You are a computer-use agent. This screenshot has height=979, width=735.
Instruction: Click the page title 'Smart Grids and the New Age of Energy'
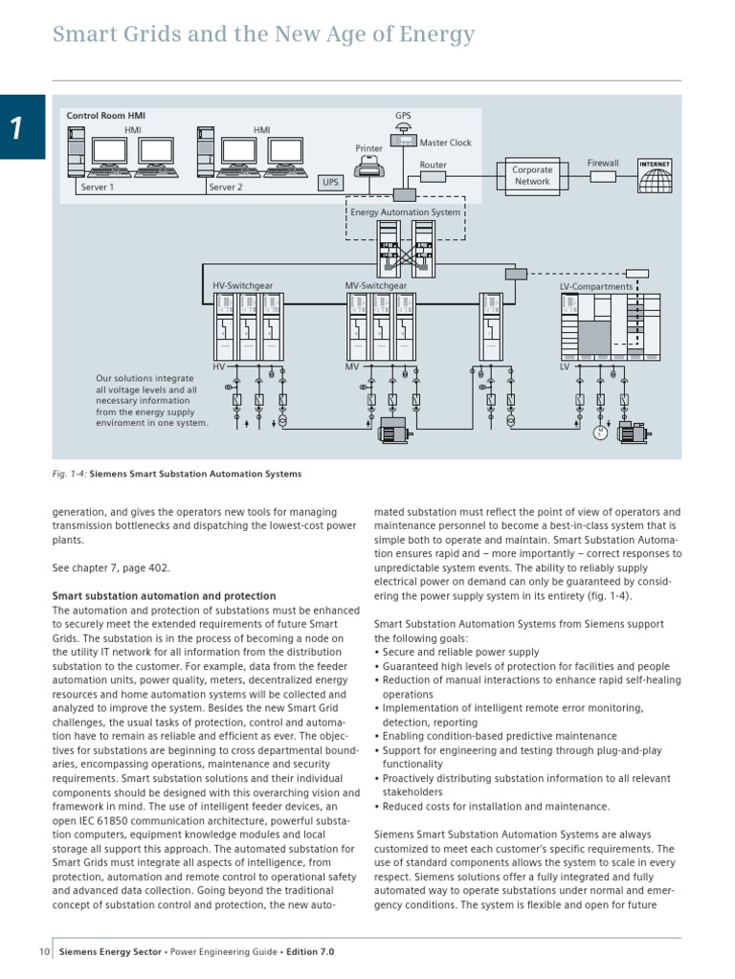(263, 35)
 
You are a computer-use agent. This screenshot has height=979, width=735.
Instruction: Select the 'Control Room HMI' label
(105, 116)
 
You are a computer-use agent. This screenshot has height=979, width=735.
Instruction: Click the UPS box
(330, 181)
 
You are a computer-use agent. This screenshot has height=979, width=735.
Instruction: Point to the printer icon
(369, 168)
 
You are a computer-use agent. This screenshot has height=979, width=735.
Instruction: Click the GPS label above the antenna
(403, 115)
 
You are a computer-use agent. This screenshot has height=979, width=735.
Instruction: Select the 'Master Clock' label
(445, 143)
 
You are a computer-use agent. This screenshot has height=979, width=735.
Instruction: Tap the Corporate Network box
(532, 176)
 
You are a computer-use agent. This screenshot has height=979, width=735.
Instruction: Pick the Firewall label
(603, 164)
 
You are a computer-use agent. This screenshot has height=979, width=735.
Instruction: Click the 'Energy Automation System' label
(405, 211)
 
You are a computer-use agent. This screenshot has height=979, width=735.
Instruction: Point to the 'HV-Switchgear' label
(242, 285)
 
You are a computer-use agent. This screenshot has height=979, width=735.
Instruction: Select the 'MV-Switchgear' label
(375, 285)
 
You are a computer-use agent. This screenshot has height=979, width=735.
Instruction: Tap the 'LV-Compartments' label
(595, 286)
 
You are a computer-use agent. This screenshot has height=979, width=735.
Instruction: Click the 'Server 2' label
(226, 188)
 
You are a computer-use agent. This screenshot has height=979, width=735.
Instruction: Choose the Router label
(433, 165)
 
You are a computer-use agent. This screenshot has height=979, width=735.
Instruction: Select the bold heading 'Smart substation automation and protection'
(164, 596)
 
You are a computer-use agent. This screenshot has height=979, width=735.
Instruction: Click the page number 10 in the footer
(44, 951)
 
